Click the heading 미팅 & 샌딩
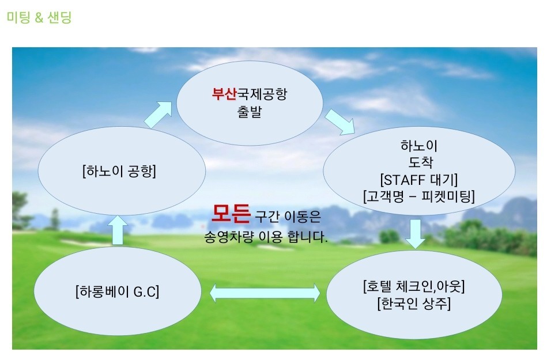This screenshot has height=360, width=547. pos(39,17)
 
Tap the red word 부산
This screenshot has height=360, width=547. pos(224,94)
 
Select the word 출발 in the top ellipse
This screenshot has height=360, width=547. pos(249,112)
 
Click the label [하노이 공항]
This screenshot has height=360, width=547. pos(119,171)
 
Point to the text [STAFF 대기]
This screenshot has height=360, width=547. pos(418,180)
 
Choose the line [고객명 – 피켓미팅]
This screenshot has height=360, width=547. pos(418,196)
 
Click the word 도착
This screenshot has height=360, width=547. pos(420,162)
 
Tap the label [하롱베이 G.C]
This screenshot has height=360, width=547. pos(117,291)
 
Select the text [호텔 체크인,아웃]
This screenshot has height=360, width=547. pos(414,286)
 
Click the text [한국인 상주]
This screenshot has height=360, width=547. pos(414,304)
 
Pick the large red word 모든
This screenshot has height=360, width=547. pos(231,214)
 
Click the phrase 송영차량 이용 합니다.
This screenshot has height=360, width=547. pos(266,237)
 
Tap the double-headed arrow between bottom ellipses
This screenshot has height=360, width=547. pos(265,293)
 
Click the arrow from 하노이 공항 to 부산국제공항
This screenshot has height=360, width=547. pos(158,115)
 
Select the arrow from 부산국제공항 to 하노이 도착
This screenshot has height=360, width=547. pos(340,122)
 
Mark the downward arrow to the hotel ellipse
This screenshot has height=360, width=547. pos(415,233)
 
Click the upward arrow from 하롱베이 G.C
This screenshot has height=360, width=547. pos(118,230)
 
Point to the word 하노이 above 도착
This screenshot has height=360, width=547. pos(419,146)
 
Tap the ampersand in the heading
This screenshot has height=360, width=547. pos(39,17)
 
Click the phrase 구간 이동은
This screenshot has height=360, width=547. pos(288,217)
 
